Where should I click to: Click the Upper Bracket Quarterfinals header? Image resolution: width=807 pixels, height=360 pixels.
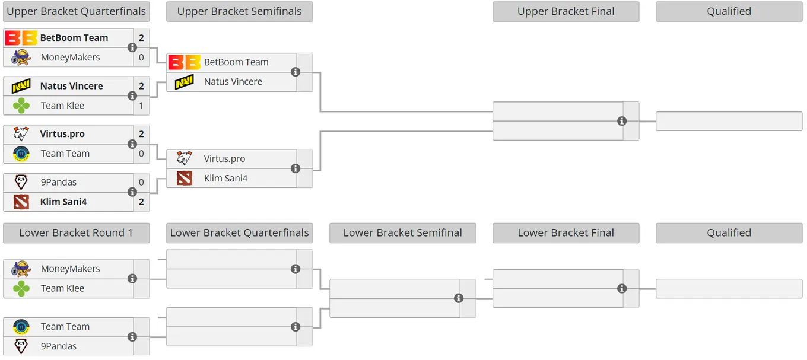(x=77, y=11)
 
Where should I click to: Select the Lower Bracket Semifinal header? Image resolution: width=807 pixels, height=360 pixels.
(x=403, y=233)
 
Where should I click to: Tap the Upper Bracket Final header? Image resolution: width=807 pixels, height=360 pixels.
(x=566, y=11)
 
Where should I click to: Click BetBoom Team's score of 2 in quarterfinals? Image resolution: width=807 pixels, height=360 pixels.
(x=141, y=38)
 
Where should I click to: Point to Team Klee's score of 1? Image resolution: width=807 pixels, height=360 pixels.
(x=141, y=106)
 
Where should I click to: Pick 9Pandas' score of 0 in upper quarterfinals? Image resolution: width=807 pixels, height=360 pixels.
(x=141, y=182)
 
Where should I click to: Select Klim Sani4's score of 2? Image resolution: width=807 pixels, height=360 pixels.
(x=141, y=202)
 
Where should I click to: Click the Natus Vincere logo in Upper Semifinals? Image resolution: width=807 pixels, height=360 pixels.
(x=185, y=82)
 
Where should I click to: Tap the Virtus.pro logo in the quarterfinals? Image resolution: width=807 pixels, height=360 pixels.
(x=21, y=134)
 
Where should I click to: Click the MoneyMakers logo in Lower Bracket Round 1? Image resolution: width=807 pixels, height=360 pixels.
(x=21, y=269)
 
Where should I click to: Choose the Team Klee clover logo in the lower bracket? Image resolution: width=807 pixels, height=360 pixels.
(x=21, y=288)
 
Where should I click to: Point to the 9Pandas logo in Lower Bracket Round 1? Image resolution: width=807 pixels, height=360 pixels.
(x=21, y=346)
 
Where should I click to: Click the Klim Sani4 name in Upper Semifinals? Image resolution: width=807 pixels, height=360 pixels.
(x=226, y=178)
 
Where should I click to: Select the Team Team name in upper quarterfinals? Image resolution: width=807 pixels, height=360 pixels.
(x=65, y=154)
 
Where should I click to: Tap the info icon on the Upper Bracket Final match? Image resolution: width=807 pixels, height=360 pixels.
(x=622, y=122)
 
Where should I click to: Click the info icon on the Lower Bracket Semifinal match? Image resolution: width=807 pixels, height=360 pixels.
(x=459, y=298)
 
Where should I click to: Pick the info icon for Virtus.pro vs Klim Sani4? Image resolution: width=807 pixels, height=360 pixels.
(x=296, y=168)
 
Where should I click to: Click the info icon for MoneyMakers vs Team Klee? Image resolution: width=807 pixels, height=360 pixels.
(x=132, y=279)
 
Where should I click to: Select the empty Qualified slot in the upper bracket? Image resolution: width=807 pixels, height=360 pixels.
(x=729, y=122)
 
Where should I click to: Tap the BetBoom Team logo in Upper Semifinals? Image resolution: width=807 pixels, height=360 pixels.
(x=185, y=62)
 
